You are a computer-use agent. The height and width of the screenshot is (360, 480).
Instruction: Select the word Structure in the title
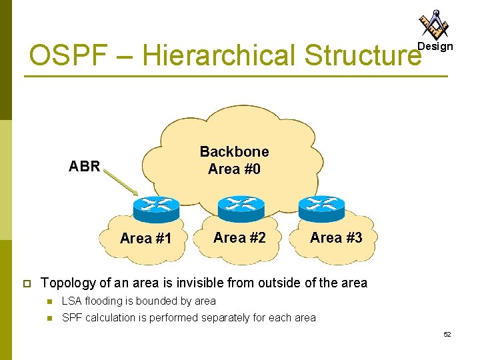363,56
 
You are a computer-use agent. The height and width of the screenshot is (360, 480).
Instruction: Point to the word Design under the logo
435,47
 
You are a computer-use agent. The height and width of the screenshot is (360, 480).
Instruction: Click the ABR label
85,167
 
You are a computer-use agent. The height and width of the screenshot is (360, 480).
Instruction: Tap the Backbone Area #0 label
234,161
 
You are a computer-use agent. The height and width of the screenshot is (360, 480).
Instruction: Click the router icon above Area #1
155,209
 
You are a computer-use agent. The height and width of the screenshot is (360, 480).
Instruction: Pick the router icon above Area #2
241,208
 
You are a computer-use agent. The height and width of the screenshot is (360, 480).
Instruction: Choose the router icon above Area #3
321,208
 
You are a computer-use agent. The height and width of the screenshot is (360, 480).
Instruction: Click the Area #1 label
146,239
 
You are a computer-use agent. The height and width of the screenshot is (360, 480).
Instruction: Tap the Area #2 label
239,237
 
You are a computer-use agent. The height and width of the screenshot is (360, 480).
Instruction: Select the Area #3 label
336,237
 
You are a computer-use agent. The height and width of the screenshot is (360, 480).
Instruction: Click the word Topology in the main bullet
67,283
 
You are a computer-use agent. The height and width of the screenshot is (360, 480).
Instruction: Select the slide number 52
447,333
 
